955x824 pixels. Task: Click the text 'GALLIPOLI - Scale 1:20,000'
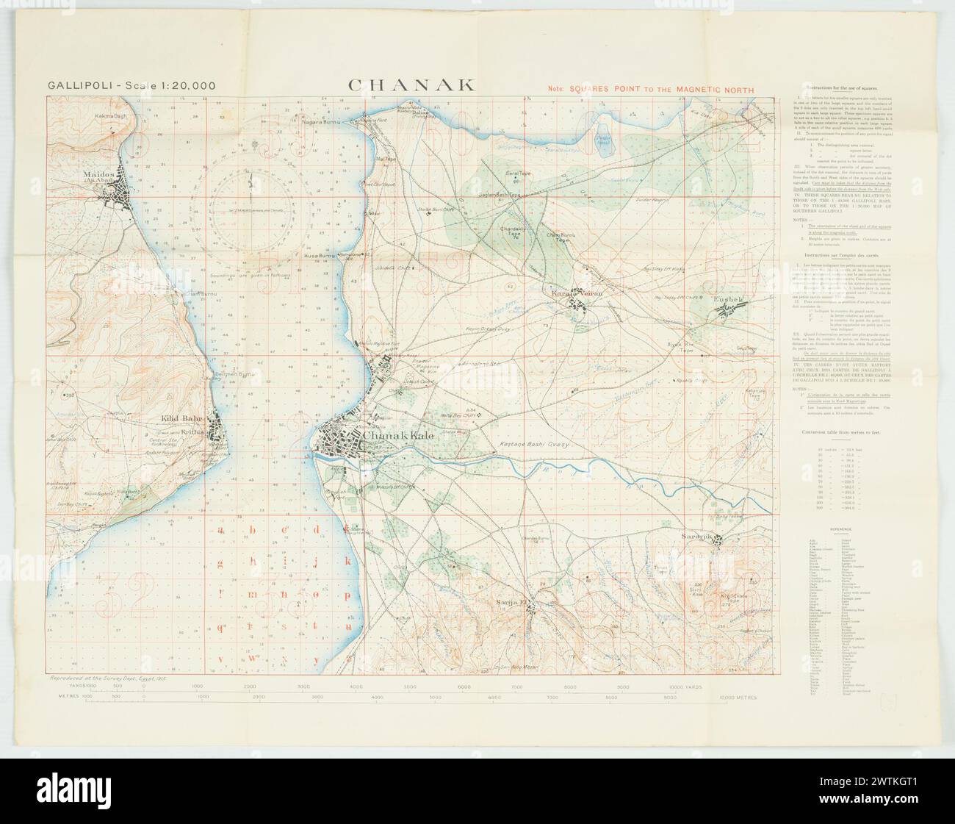coord(131,85)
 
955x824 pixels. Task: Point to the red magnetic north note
coord(651,88)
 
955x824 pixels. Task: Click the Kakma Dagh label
coord(112,117)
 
